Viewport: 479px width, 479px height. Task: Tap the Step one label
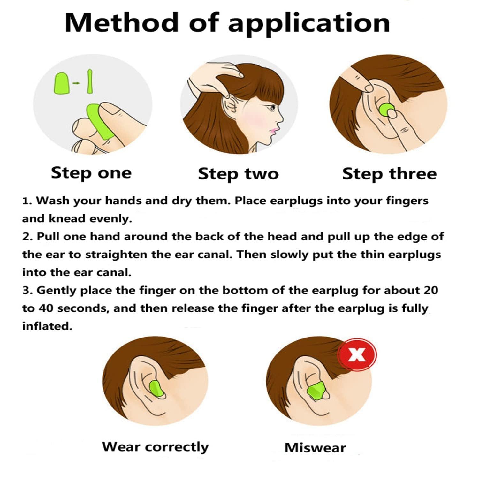click(91, 173)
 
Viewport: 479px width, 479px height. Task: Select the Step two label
click(238, 174)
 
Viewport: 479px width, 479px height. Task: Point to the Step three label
click(389, 174)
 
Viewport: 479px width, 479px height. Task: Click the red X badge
click(357, 354)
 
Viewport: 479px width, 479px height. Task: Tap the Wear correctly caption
click(155, 447)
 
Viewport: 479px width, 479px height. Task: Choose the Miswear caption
click(315, 448)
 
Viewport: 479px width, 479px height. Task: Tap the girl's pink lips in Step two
click(273, 130)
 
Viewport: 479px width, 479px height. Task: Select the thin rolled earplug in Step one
click(90, 81)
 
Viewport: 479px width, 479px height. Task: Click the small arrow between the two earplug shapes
click(76, 83)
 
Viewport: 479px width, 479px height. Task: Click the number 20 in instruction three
click(431, 290)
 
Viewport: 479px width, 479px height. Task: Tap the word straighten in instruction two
click(116, 255)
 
